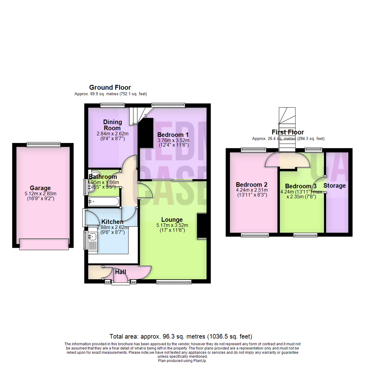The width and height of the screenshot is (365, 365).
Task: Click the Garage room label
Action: [40, 188]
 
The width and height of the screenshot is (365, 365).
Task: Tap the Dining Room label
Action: [112, 125]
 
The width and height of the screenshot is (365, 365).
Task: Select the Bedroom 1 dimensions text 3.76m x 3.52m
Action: [173, 140]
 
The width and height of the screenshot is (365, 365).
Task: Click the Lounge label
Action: [172, 220]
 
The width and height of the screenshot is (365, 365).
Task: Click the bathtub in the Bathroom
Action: [103, 202]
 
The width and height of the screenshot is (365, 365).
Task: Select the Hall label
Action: [121, 272]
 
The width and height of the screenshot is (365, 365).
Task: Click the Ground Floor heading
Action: [110, 88]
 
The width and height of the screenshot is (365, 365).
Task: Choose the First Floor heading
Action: [288, 132]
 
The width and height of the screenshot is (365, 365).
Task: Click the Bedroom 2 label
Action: [251, 185]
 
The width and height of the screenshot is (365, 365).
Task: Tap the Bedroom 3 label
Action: [301, 186]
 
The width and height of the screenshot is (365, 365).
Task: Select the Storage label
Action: [335, 186]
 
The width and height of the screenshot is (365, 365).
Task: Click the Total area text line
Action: [181, 337]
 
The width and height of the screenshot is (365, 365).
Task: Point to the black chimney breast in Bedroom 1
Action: [146, 133]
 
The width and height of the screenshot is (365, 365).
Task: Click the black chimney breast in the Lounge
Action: [202, 227]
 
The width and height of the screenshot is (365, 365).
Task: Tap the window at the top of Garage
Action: [44, 145]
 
